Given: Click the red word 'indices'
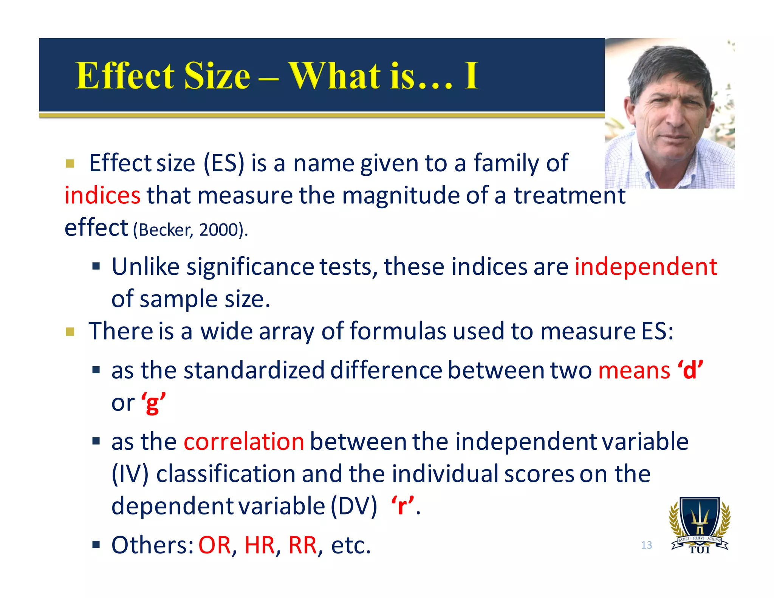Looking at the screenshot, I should point(102,195).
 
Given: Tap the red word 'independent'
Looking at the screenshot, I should point(646,266).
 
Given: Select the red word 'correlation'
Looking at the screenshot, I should point(244,442).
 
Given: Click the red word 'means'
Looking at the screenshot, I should point(634,370).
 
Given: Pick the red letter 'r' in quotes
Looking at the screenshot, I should point(402,506).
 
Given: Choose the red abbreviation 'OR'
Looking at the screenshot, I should point(215,545).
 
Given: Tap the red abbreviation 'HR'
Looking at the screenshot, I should point(260,545).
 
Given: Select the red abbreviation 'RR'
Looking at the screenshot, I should point(302,545).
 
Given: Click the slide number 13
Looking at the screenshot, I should point(646,545).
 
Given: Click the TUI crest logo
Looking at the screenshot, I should point(700,525).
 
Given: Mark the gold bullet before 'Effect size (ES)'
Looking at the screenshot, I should point(70,164).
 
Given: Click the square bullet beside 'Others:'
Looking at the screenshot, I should point(96,545).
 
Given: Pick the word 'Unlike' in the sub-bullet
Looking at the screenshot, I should point(145,266).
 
